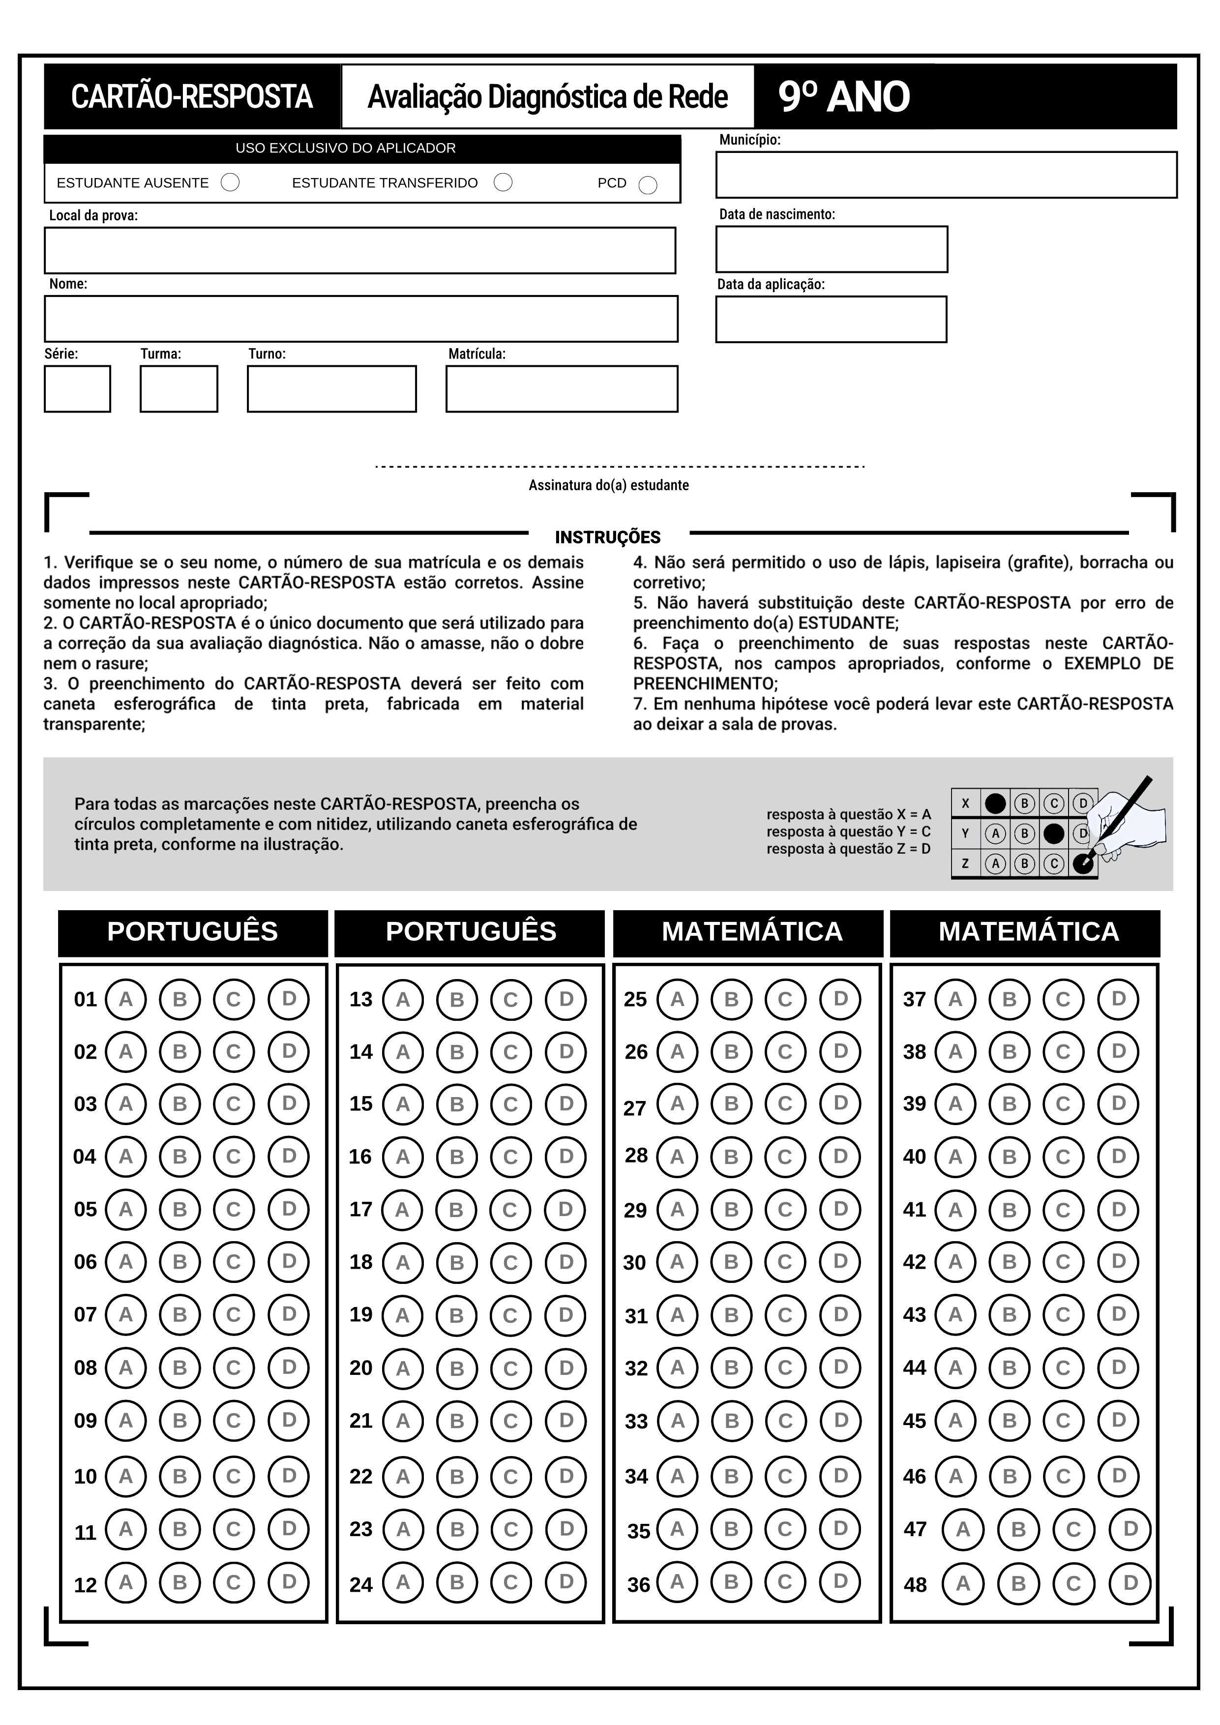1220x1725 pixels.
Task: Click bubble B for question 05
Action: tap(179, 1210)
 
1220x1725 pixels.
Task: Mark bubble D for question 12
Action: tap(289, 1583)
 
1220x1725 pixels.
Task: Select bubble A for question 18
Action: tap(403, 1262)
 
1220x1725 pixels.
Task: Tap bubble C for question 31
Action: tap(785, 1315)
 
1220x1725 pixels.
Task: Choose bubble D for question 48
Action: tap(1130, 1583)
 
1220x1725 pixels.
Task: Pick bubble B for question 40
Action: tap(1009, 1157)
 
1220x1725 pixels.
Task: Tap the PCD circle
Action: tap(648, 185)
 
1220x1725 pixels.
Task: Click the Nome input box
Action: tap(360, 319)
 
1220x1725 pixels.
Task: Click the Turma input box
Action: tap(179, 388)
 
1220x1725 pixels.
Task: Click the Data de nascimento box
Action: tap(832, 249)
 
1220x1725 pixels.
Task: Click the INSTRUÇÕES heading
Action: tap(608, 537)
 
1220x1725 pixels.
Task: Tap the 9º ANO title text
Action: tap(844, 97)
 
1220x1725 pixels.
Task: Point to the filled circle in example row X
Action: tap(995, 803)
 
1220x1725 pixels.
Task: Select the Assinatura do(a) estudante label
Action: tap(608, 485)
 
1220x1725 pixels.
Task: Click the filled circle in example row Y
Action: tap(1054, 833)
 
